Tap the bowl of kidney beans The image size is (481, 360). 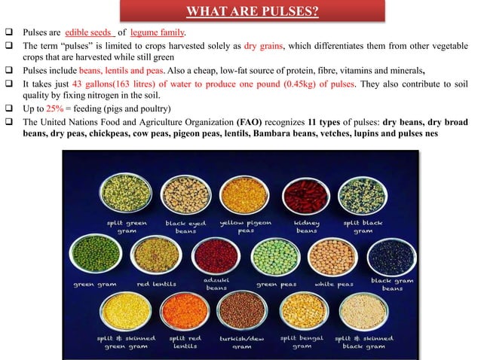point(305,194)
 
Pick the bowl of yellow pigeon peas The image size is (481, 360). point(244,194)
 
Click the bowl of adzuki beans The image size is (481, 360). point(216,256)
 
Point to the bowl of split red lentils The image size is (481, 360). point(184,311)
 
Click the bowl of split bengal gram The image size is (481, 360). point(302,311)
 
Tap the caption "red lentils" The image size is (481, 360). point(157,285)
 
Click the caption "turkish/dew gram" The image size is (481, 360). point(244,343)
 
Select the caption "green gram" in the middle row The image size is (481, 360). point(94,285)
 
